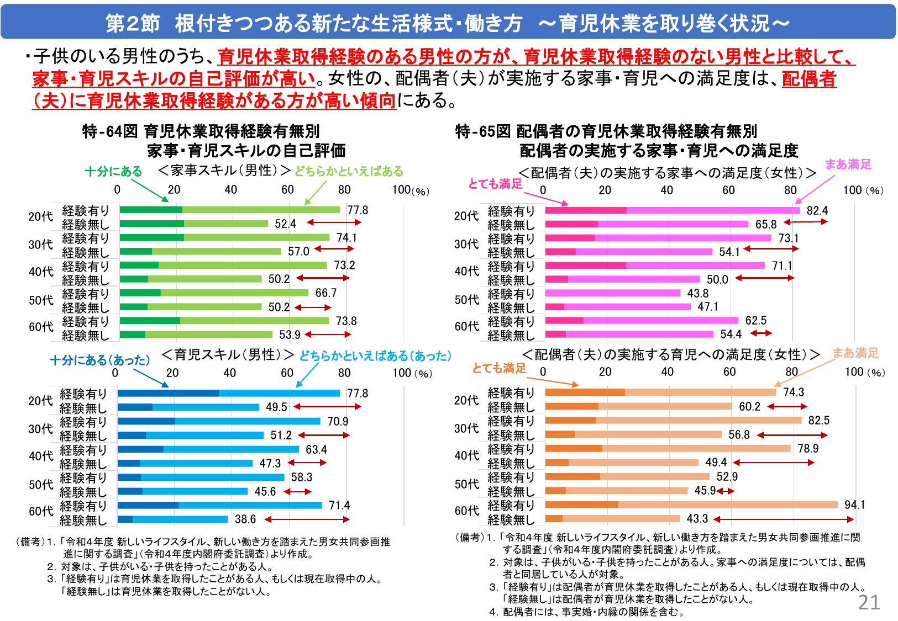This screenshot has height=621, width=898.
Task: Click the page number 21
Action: (869, 602)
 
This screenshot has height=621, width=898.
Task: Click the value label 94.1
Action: (854, 505)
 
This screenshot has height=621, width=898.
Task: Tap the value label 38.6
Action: (245, 519)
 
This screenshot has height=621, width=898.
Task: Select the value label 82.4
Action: (817, 210)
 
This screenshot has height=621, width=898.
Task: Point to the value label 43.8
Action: (697, 293)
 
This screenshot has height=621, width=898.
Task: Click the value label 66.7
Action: (325, 293)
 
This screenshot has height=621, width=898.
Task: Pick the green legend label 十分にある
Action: (113, 172)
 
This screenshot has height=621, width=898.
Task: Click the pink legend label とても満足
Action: (495, 184)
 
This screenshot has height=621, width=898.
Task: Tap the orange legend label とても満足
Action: (499, 368)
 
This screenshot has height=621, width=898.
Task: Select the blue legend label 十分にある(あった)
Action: (100, 360)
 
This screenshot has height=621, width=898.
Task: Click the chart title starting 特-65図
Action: (606, 131)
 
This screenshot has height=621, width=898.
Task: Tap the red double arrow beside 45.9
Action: (726, 491)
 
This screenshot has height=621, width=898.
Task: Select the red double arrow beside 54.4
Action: (761, 333)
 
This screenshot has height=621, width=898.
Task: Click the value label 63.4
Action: (316, 449)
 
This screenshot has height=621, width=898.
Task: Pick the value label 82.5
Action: (818, 420)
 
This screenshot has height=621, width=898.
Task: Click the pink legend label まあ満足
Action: (848, 164)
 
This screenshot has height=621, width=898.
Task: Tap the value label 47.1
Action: (708, 306)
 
